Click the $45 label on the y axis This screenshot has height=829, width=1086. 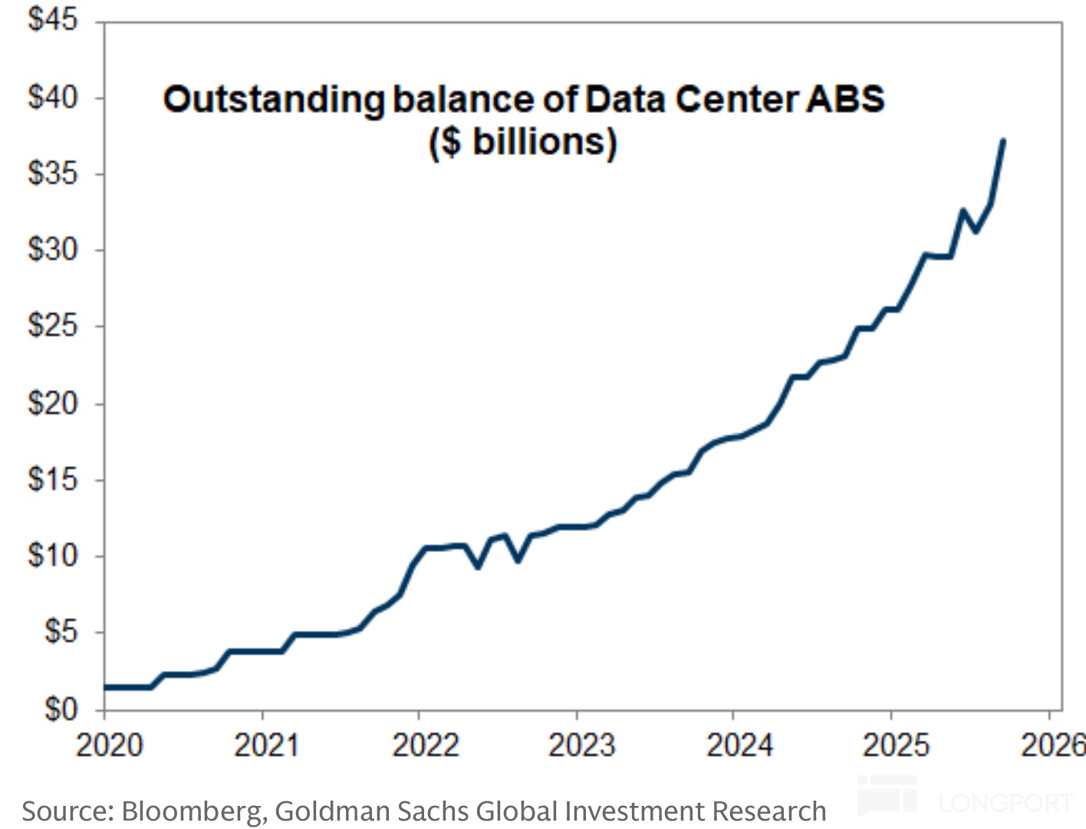point(52,19)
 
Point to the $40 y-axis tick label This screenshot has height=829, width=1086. point(52,97)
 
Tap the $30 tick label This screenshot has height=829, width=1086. point(52,249)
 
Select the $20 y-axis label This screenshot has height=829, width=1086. point(52,403)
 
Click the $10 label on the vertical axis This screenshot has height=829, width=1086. point(52,555)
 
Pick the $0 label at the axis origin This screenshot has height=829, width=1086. point(61,708)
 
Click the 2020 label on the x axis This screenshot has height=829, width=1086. point(109,745)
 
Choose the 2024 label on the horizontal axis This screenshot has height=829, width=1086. point(739,745)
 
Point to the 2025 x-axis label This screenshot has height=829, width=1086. point(896,745)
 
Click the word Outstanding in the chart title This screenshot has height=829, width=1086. point(273,100)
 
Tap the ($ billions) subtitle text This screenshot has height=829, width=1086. point(522,142)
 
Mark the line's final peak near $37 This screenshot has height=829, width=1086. point(1003,141)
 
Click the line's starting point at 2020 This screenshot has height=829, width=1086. point(106,687)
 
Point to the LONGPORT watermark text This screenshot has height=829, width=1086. point(1005,803)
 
